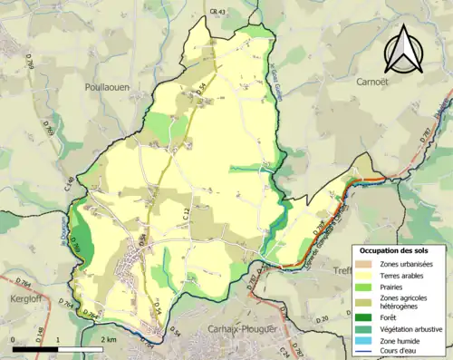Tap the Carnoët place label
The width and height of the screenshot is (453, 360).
coord(357,79)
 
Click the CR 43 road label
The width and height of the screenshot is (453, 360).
coord(216,11)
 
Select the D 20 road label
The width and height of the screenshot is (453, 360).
coord(323,318)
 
